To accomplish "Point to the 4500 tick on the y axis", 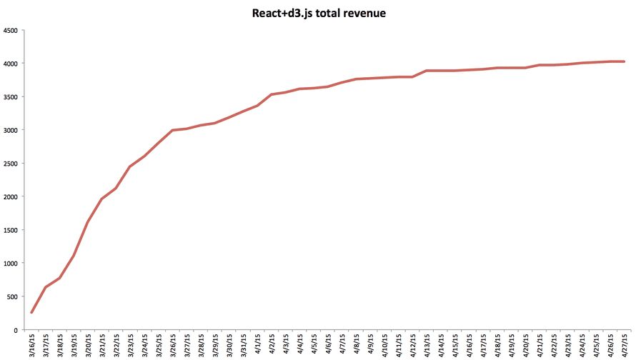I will (x=11, y=31).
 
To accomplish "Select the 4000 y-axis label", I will (x=11, y=64).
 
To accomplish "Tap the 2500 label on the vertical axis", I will (x=11, y=164).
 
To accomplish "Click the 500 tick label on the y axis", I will (x=14, y=296).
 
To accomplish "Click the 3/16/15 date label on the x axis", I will (x=32, y=344).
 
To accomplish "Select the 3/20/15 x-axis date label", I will (x=88, y=344).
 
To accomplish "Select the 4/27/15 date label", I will (x=624, y=344).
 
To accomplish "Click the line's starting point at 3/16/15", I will (x=32, y=312).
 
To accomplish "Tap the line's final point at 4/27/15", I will (x=624, y=61).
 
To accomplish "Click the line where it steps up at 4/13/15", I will (x=426, y=71).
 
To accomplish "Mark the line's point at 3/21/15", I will (x=102, y=199).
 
